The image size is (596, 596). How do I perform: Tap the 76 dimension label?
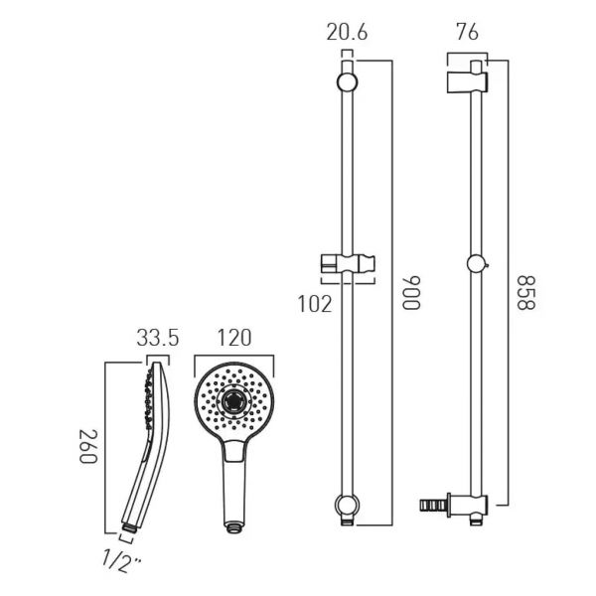coord(466,32)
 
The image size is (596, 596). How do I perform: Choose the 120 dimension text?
coord(231,339)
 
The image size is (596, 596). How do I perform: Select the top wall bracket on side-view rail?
coord(467,77)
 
